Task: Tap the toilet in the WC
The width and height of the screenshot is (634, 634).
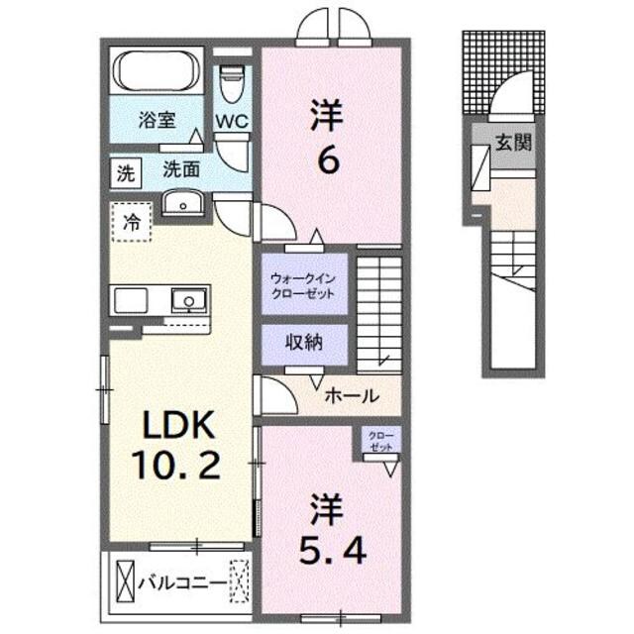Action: (x=232, y=83)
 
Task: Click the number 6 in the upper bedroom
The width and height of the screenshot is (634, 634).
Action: (x=329, y=158)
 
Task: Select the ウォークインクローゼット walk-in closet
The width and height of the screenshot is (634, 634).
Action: (x=303, y=285)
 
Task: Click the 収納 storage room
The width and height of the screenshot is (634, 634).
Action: (x=303, y=344)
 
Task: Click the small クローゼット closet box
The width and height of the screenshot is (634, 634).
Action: (x=379, y=442)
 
